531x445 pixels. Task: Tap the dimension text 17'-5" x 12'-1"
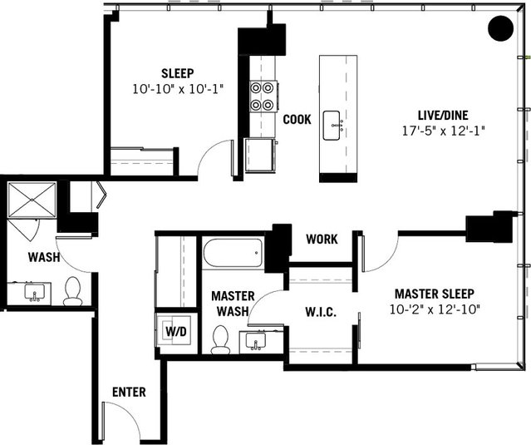(x=441, y=131)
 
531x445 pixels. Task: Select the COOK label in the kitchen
(x=297, y=120)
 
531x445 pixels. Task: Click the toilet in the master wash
(x=221, y=339)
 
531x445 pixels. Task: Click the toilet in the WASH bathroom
(x=73, y=290)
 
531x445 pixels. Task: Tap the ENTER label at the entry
(x=129, y=392)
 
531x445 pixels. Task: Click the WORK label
(x=322, y=240)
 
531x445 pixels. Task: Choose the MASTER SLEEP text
(x=434, y=294)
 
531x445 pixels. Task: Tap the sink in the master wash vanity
(x=256, y=341)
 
